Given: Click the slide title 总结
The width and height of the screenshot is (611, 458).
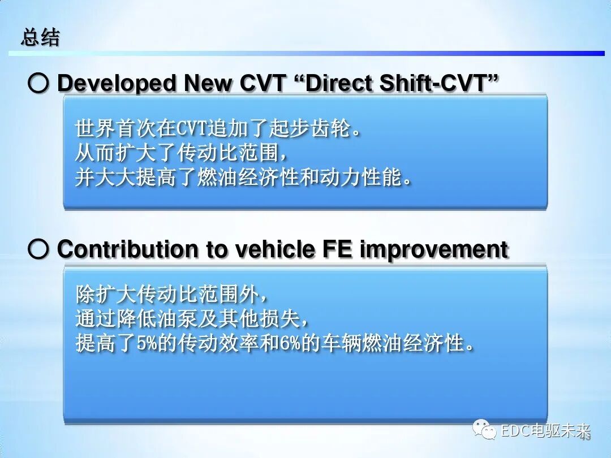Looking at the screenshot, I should [x=40, y=38].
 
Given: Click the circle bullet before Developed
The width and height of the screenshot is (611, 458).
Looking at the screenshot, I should [x=38, y=84].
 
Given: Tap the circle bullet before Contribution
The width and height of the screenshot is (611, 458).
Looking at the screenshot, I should [x=38, y=250].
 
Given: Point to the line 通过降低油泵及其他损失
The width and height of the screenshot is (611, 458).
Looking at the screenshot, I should [x=192, y=319].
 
